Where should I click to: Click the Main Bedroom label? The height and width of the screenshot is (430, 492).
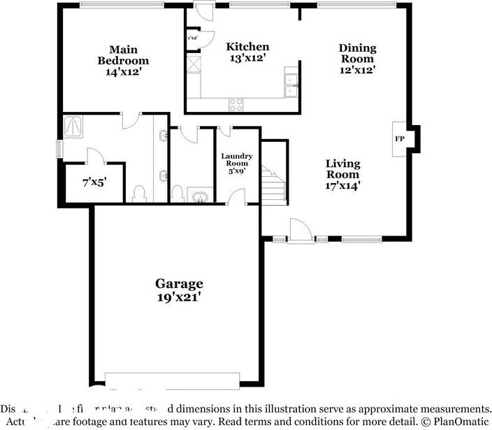(122, 60)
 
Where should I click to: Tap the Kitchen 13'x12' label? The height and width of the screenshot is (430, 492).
(247, 52)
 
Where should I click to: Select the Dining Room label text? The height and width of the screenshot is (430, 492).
(357, 59)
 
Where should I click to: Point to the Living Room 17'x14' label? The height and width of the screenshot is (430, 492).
(343, 175)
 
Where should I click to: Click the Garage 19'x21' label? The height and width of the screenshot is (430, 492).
(179, 289)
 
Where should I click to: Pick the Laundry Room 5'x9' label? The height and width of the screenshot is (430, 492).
(236, 164)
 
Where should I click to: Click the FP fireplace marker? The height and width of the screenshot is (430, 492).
(400, 138)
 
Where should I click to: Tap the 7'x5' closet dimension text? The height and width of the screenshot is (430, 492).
(94, 183)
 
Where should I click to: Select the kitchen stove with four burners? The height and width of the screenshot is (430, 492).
(236, 104)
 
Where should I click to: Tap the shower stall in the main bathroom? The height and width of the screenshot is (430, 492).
(73, 125)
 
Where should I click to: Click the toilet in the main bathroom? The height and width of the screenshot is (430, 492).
(138, 193)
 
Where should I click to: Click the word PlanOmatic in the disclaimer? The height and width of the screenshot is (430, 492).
(461, 422)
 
